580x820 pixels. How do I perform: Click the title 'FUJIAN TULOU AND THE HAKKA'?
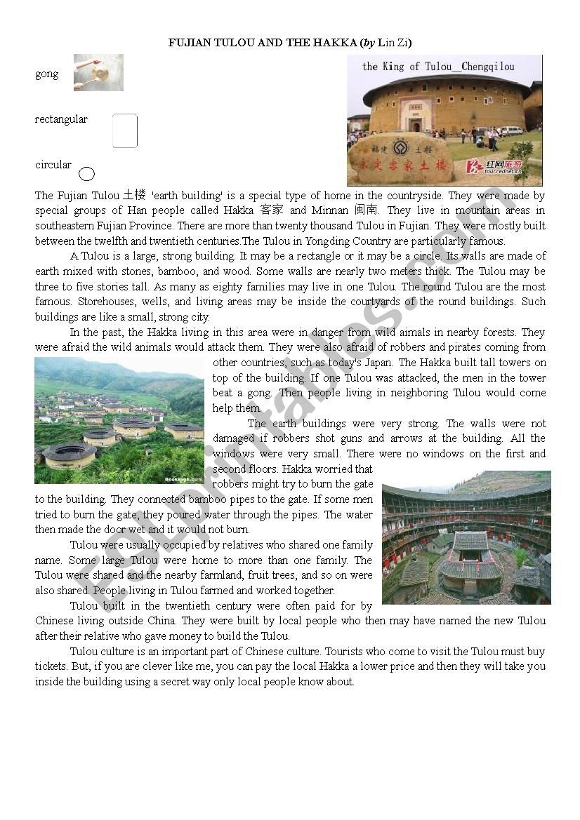pos(263,43)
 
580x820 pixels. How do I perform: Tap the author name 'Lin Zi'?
pos(393,43)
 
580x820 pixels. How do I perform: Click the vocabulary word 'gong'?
pos(47,74)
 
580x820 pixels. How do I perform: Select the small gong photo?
pos(98,73)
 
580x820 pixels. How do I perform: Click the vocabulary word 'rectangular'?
pos(61,119)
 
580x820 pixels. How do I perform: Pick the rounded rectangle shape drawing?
pos(125,131)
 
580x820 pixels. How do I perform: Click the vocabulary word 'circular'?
pos(53,165)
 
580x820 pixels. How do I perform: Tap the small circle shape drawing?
pos(86,174)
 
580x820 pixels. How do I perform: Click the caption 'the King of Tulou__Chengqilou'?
pos(438,67)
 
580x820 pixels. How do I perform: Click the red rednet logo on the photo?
pos(494,166)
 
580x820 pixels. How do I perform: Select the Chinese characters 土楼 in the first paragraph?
pos(134,195)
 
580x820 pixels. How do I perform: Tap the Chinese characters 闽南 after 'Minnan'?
pos(367,210)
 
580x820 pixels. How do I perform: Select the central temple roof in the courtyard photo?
pos(470,542)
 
